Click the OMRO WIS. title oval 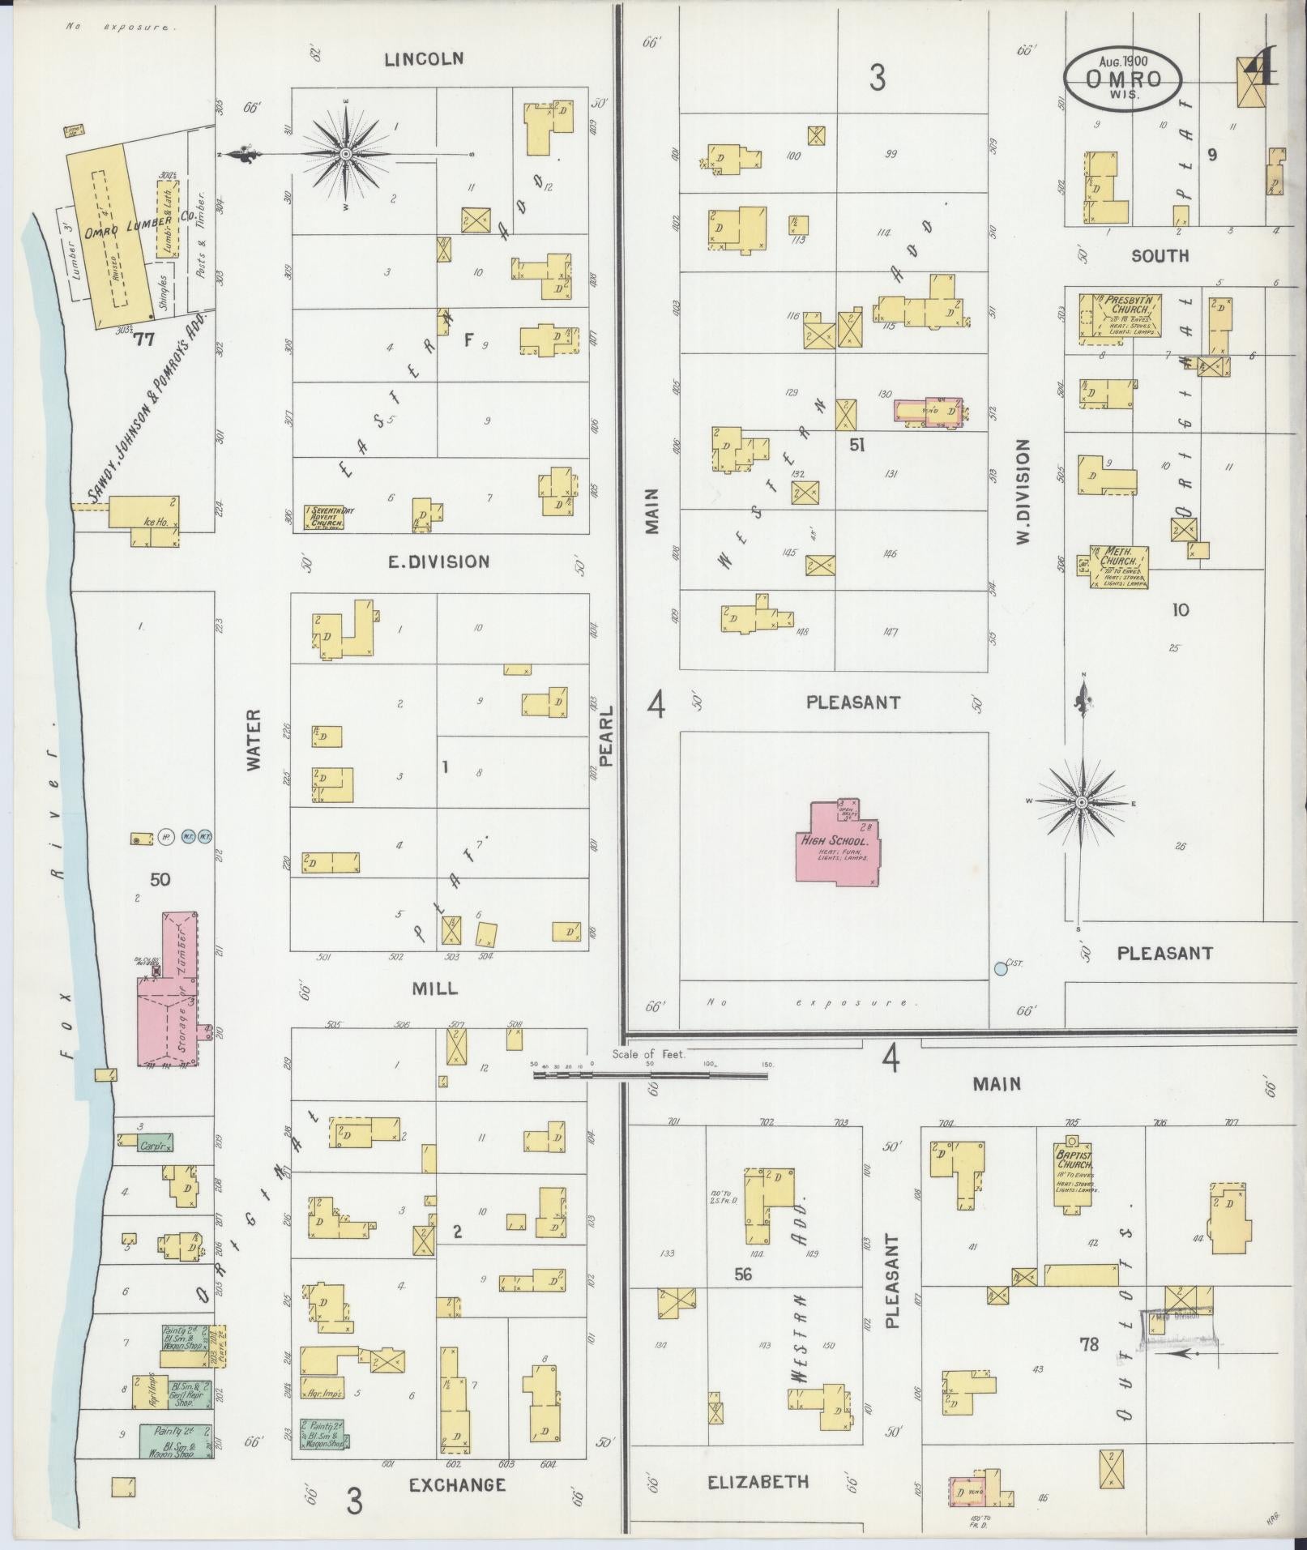(1122, 79)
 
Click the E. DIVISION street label (438, 562)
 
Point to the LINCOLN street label (424, 58)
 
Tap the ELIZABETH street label (758, 1482)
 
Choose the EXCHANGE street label (457, 1484)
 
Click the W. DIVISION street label (1023, 492)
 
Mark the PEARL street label (609, 735)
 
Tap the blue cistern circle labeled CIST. (1001, 968)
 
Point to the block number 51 (858, 445)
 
